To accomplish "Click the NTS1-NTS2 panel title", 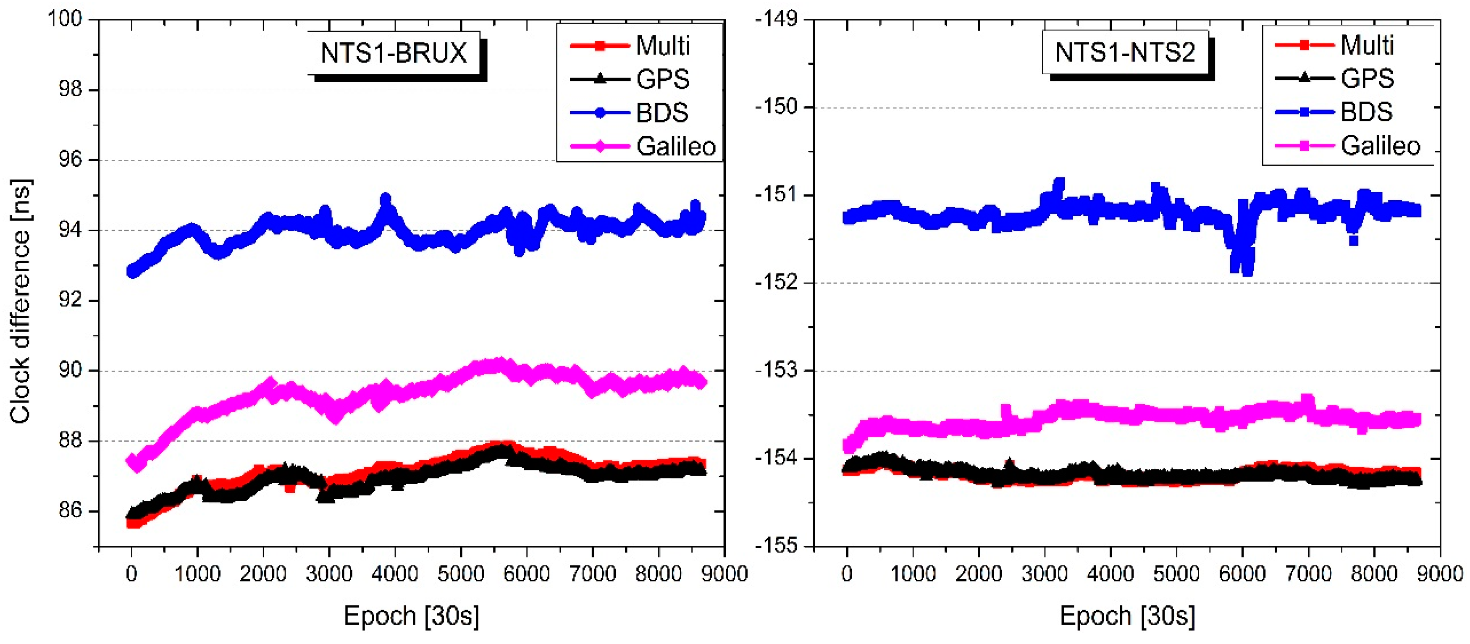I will coord(1125,52).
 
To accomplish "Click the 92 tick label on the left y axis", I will coord(70,300).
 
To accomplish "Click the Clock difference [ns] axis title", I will coord(21,301).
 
